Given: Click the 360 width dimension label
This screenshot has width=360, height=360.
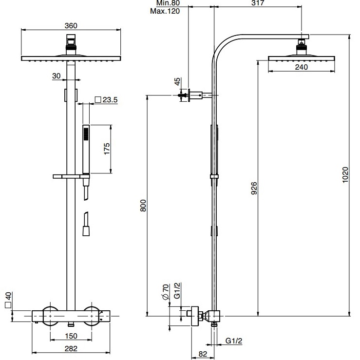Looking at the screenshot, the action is click(71, 25).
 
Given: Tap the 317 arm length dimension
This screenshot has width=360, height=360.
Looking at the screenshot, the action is click(258, 3).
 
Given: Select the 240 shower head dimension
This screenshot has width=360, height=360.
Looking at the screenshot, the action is click(301, 67).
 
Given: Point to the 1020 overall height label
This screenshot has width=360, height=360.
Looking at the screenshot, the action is click(345, 175).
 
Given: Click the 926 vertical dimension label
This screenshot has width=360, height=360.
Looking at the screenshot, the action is click(254, 188).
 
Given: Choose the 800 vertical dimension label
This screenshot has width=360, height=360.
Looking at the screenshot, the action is click(143, 206).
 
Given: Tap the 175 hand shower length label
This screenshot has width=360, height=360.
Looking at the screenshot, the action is click(107, 149).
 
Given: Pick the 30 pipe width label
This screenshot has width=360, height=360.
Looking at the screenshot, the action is click(56, 76).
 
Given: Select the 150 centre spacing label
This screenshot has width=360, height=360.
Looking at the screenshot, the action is click(71, 336).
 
